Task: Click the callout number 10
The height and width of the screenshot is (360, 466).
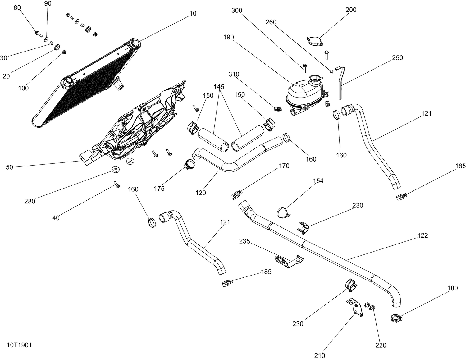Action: click(x=193, y=13)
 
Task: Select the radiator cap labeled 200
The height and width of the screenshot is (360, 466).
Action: click(x=315, y=41)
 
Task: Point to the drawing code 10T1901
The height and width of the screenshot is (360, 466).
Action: click(x=19, y=345)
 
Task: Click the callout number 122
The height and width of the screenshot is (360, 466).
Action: click(x=423, y=235)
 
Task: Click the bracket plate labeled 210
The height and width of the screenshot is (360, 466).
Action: click(x=355, y=308)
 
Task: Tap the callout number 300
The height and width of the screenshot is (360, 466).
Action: click(x=237, y=11)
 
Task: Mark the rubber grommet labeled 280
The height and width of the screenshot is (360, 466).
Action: click(x=115, y=169)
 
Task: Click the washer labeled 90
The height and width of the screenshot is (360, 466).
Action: click(x=46, y=39)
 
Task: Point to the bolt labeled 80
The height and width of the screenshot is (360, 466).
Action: click(x=39, y=34)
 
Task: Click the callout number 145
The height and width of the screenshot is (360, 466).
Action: click(x=219, y=87)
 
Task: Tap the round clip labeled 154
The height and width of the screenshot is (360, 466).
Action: click(x=283, y=213)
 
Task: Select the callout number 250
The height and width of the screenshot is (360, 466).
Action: click(x=398, y=58)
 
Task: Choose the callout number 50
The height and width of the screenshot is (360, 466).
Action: click(x=9, y=167)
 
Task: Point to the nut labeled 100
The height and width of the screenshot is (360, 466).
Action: click(x=64, y=52)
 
